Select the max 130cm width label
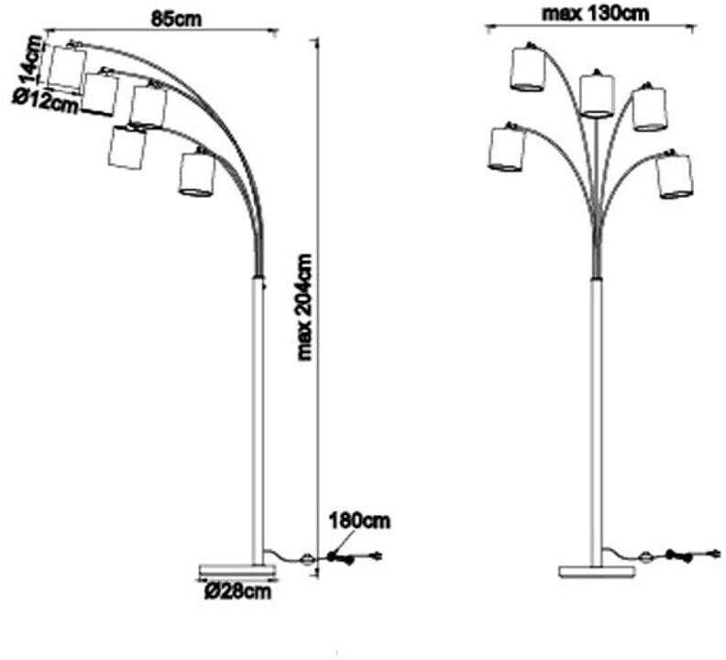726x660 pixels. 596,13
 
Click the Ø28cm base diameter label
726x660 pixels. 238,592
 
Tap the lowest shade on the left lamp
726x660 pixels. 197,174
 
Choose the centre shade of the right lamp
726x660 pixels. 597,95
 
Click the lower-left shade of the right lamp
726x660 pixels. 506,149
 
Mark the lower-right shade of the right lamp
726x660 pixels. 675,176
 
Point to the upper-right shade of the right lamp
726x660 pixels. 650,108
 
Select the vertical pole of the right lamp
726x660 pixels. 597,412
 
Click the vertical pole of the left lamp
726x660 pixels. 258,412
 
